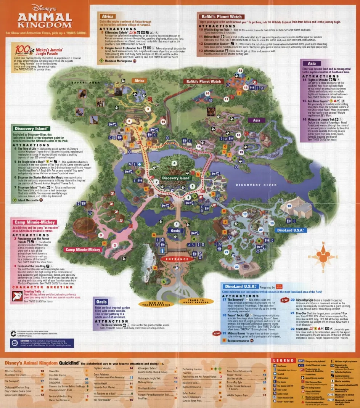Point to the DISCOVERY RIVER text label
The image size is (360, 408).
256,185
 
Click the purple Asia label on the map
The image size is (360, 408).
256,120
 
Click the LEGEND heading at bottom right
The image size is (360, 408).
284,360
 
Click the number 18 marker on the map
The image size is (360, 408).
289,206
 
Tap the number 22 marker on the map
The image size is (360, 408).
236,267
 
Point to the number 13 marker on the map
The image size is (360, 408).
240,71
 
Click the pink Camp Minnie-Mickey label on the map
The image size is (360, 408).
83,250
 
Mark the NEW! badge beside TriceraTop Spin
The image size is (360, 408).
284,300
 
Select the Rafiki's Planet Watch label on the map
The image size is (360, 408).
204,81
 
